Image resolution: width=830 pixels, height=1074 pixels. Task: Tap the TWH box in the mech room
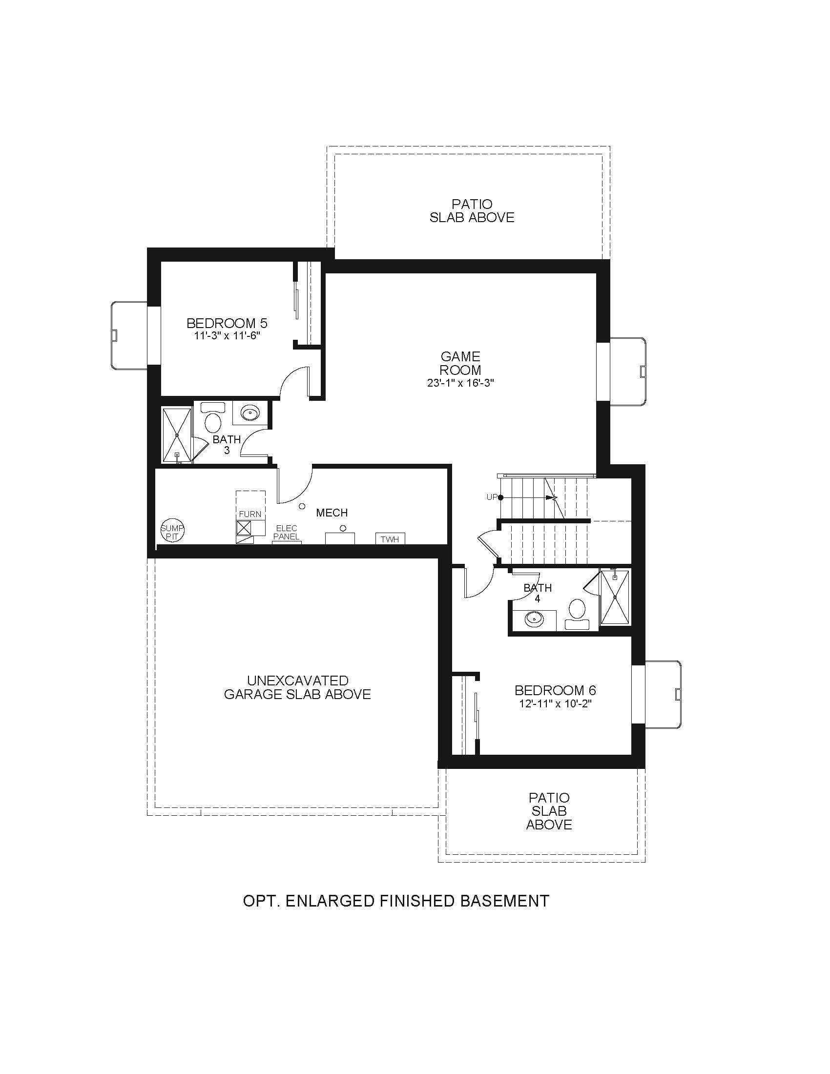(x=390, y=539)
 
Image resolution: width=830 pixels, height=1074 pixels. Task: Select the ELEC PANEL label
(x=287, y=533)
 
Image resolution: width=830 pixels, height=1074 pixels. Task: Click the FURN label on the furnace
(x=250, y=515)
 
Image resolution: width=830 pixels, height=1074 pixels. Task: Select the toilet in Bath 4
(x=577, y=614)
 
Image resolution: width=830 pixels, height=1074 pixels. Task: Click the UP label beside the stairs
(x=492, y=497)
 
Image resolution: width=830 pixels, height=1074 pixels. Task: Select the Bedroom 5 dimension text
(x=227, y=336)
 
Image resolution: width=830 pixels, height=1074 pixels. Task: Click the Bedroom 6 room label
(x=555, y=690)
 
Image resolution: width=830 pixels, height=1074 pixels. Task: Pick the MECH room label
(x=332, y=513)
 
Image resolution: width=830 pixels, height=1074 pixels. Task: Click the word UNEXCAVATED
(x=297, y=681)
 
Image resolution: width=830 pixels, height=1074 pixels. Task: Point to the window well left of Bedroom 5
(x=129, y=335)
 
